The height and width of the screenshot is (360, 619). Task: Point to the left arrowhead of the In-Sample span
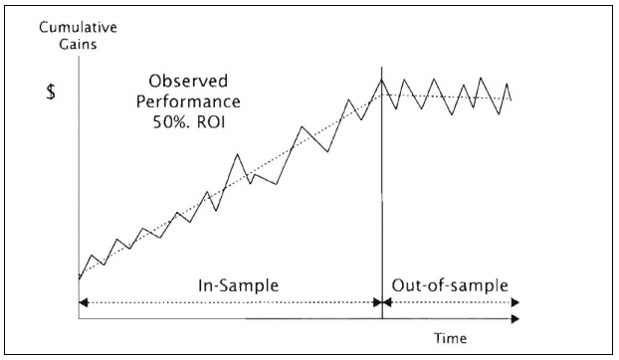tap(83, 301)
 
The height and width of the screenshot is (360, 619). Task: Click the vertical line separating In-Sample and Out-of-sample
tap(382, 199)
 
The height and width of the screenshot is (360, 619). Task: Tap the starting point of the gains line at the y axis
tap(79, 279)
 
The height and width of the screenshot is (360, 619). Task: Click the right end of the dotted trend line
tap(512, 99)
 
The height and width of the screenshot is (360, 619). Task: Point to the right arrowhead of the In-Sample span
tap(378, 301)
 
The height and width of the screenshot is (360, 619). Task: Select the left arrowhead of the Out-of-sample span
tap(387, 301)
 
